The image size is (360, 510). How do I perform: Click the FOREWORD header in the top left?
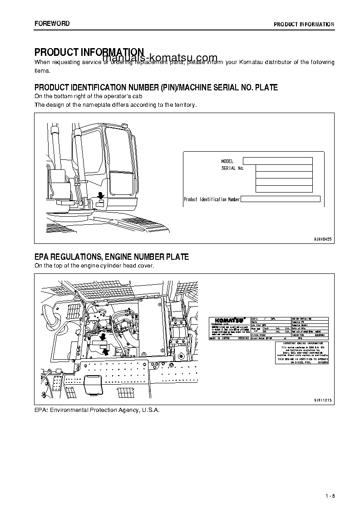pos(52,24)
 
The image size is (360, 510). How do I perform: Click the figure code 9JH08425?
pos(322,238)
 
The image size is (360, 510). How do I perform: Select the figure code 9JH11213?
pos(322,400)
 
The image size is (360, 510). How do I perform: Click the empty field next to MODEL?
pos(277,161)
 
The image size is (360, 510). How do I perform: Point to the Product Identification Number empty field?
pos(280,199)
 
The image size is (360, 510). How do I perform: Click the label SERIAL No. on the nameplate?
pos(232,168)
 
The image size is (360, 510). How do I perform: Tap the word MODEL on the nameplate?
pos(227,161)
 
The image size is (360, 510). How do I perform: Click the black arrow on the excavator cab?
pos(101,195)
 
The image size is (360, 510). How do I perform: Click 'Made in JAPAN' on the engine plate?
pos(221,338)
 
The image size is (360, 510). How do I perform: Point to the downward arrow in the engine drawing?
pos(103,337)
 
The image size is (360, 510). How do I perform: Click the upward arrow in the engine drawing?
pos(106,350)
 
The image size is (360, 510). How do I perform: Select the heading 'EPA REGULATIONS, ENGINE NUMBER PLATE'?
pos(112,257)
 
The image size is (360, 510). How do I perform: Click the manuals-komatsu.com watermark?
pos(154,58)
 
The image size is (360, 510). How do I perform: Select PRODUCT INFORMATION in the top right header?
pos(304,24)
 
